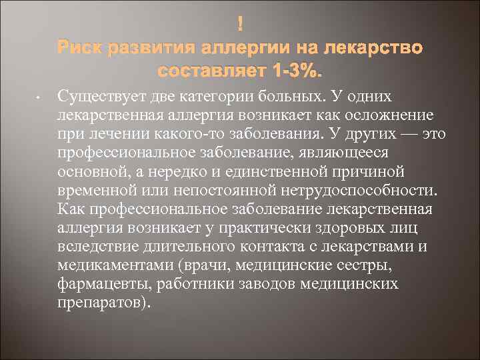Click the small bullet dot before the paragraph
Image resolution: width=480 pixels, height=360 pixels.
point(39,99)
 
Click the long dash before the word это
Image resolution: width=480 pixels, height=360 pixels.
point(405,134)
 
